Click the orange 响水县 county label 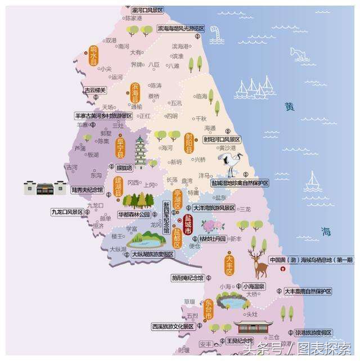click(x=93, y=56)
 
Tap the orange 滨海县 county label click(x=135, y=93)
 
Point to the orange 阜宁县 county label click(x=119, y=148)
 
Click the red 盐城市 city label click(x=188, y=225)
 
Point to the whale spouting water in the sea click(x=299, y=54)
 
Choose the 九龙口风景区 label click(x=67, y=212)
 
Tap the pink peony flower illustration click(x=212, y=226)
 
